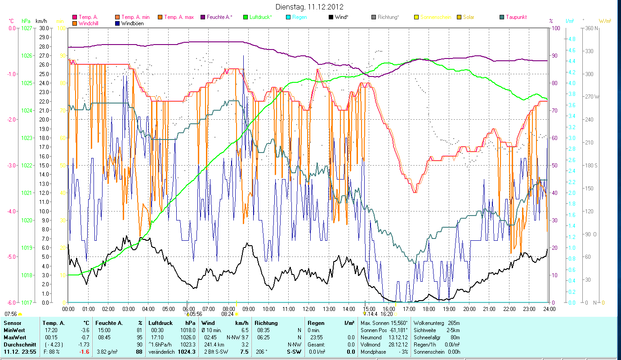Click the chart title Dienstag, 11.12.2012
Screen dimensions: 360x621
tap(310, 7)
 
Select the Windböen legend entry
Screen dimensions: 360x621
tap(132, 23)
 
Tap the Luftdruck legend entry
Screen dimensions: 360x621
tap(260, 17)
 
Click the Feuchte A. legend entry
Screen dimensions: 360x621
tap(219, 17)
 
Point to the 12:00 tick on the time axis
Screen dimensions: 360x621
tap(308, 309)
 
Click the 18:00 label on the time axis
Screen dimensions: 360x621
tap(429, 309)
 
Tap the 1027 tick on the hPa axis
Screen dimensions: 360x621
tap(27, 28)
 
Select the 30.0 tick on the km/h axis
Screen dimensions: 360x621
tap(44, 28)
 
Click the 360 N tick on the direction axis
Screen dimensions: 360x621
tap(591, 28)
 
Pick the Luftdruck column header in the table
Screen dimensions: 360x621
tap(161, 323)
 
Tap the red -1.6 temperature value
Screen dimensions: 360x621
tap(85, 352)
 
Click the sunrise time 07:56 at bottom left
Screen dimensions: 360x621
tap(11, 314)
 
